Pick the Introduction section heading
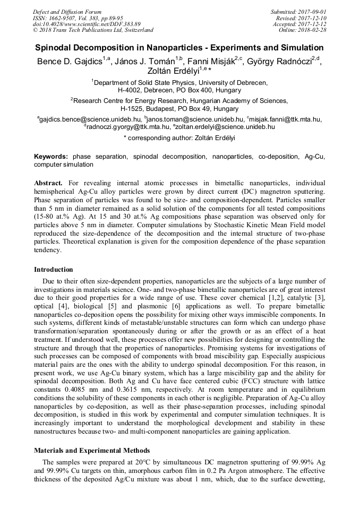click(x=54, y=270)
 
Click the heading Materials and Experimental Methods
click(x=92, y=450)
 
